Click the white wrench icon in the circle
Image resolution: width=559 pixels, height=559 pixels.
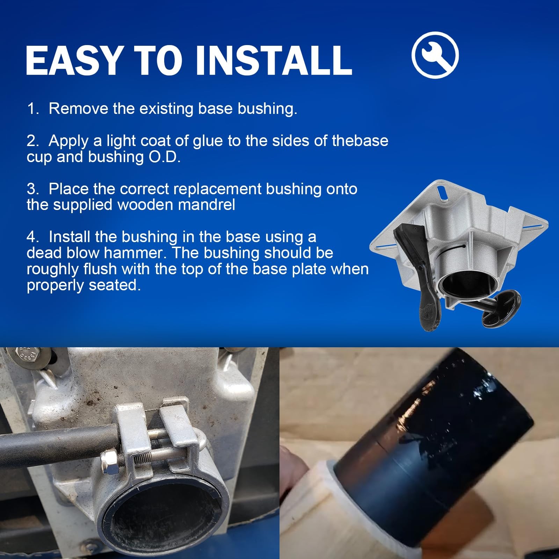[435, 55]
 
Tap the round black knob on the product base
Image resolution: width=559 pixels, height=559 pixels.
[501, 308]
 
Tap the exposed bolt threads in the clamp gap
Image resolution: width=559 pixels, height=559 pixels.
[143, 456]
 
